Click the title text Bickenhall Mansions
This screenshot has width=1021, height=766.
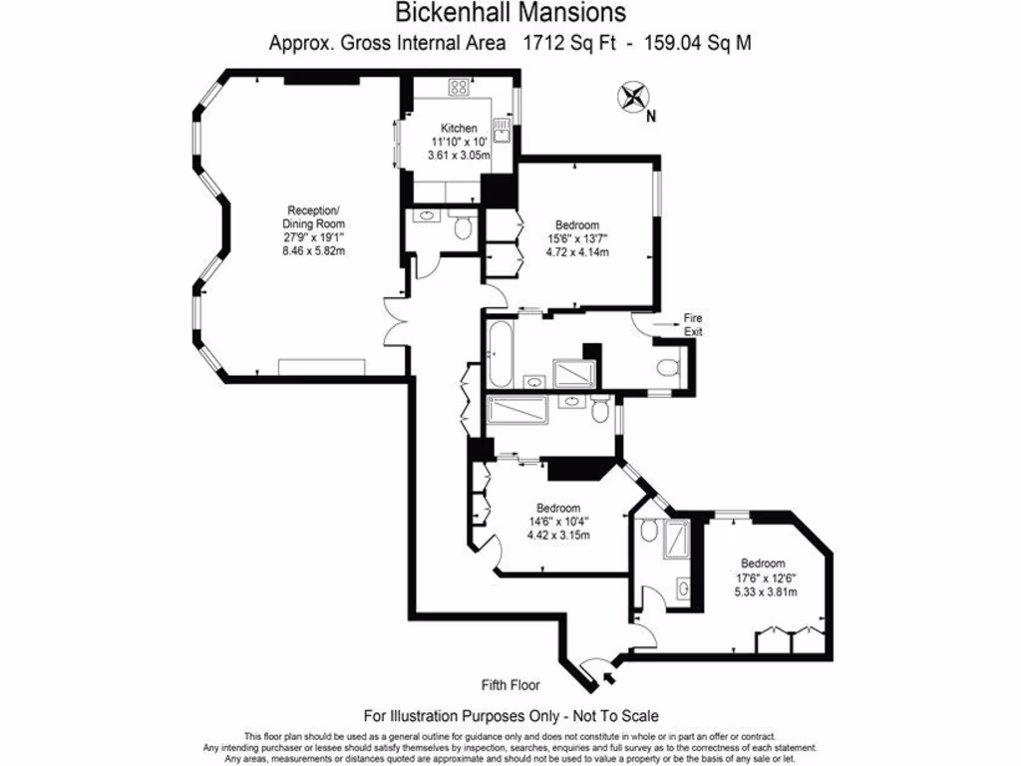tap(510, 13)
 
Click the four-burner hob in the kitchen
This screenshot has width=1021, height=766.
tap(459, 87)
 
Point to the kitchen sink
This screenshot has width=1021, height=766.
tap(505, 128)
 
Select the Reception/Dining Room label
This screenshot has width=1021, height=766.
tap(313, 217)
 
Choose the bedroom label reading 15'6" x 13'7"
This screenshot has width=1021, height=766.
tap(576, 238)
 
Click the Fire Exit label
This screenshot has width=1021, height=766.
tap(692, 324)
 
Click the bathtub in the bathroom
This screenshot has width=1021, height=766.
tap(501, 353)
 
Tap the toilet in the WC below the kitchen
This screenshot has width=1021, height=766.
tap(461, 228)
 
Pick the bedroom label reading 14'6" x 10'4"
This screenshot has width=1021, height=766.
tap(558, 521)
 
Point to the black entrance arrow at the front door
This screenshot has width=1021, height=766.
tap(609, 680)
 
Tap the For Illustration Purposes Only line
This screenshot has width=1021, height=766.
tap(510, 715)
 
